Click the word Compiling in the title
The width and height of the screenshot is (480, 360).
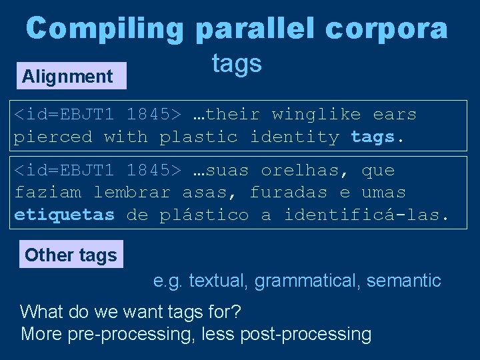[104, 29]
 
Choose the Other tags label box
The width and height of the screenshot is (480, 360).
[71, 255]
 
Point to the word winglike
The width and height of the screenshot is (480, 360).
[316, 115]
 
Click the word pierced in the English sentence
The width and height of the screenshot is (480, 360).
[53, 137]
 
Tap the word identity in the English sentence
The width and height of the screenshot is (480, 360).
[294, 137]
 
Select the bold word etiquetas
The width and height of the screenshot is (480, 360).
[65, 215]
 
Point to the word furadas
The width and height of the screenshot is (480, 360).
[288, 193]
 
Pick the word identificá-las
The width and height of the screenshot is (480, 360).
[367, 215]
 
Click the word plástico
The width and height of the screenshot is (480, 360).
[204, 215]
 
